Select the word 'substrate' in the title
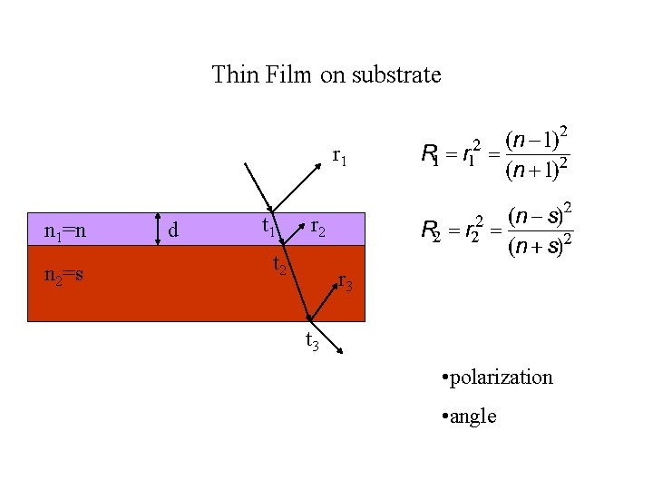coord(399,73)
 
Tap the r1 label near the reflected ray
coord(341,156)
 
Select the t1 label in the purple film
coord(269,227)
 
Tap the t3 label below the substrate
coord(311,341)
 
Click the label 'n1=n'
coord(65,231)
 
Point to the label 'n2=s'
coord(64,272)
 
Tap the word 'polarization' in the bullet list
coord(501,377)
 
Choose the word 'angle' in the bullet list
coord(473,416)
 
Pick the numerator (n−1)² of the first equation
coord(538,140)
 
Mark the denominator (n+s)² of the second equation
coord(539,246)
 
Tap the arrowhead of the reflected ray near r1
coord(323,163)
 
